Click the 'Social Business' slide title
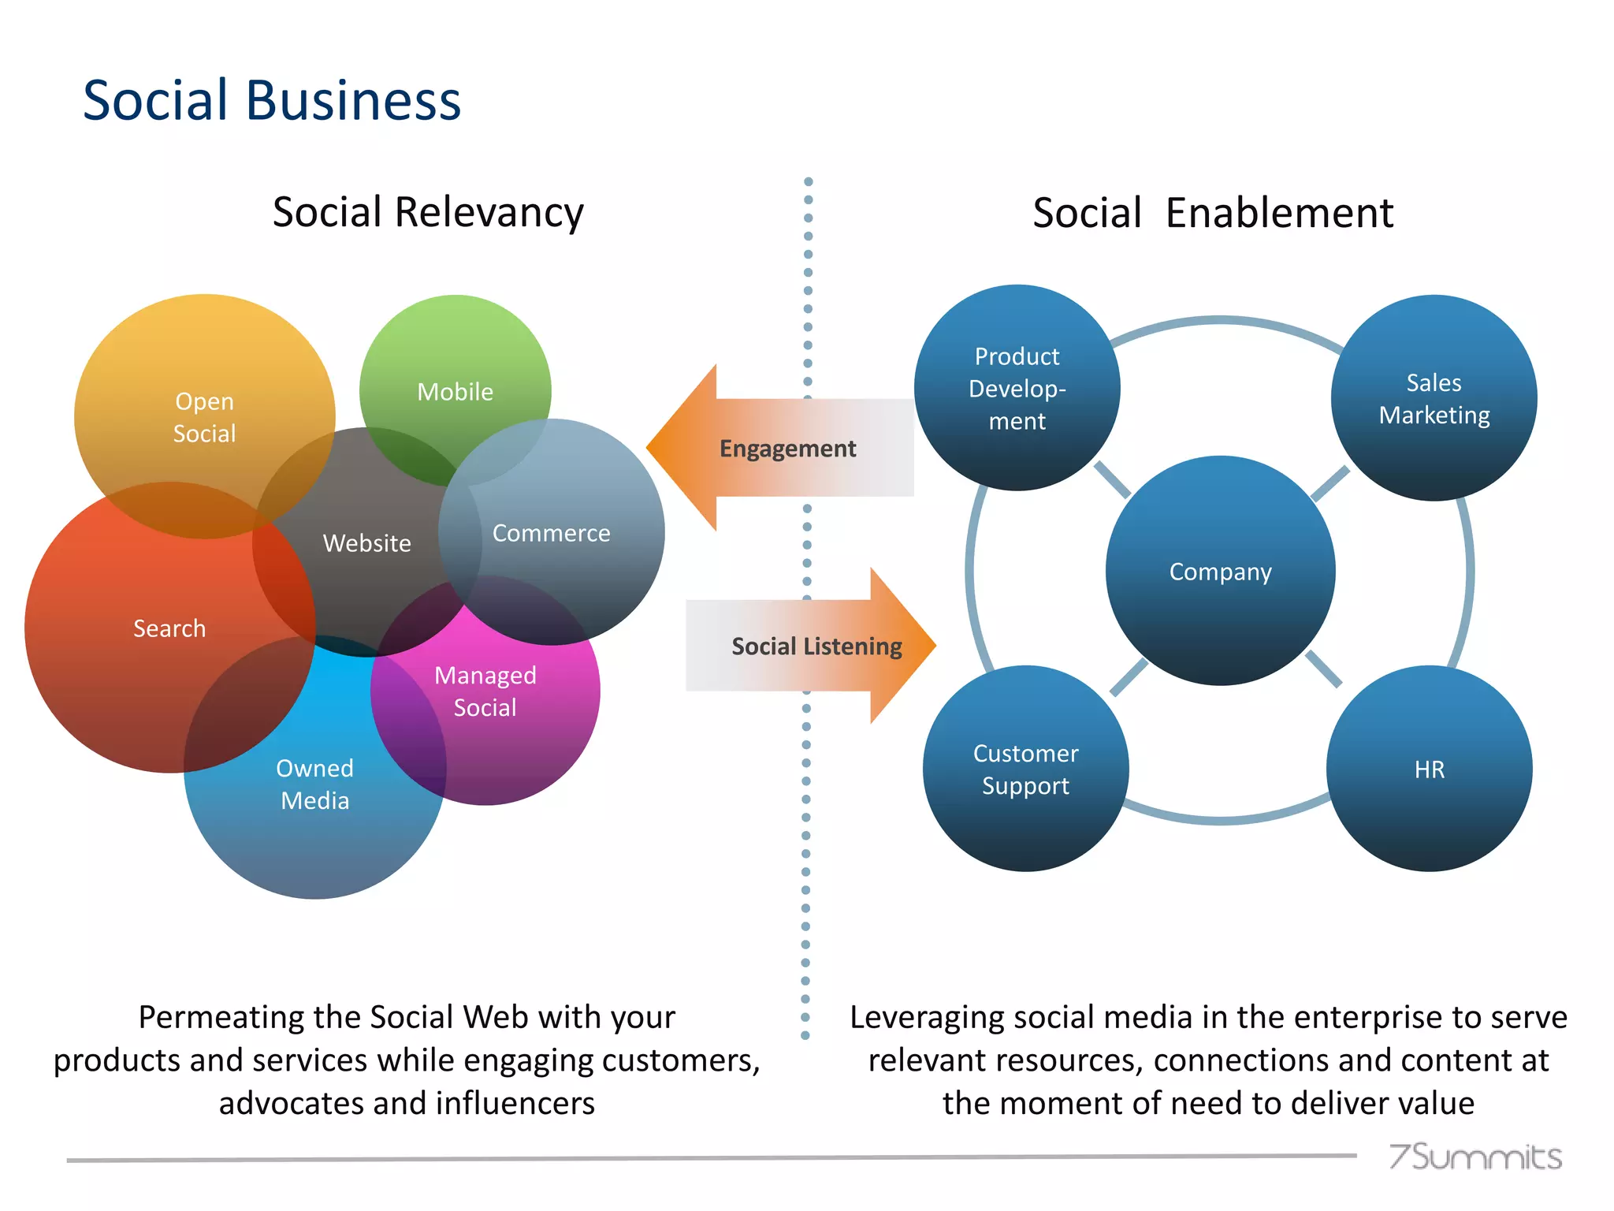coord(272,100)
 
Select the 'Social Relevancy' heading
coord(428,212)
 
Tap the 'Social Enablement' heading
coord(1213,213)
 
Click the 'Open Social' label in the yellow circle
coord(204,417)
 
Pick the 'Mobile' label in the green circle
coord(455,391)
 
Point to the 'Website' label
coord(366,542)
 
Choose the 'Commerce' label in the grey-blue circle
coord(551,533)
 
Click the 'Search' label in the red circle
coord(169,628)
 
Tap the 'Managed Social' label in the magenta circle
coord(485,691)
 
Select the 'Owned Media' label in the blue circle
coord(314,784)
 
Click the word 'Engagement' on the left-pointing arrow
coord(787,449)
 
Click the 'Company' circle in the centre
coord(1220,571)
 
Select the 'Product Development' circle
coord(1017,388)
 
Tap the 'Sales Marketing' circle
coord(1434,398)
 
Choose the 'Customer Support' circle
coord(1025,769)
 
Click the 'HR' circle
coord(1429,769)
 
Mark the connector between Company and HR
coord(1323,669)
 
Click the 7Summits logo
coord(1475,1157)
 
